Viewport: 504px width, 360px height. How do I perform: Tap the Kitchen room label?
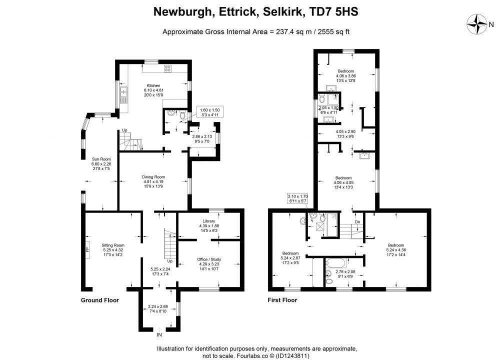pyautogui.click(x=153, y=85)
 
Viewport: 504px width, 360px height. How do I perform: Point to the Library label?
pyautogui.click(x=209, y=221)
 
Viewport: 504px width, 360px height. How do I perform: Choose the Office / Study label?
pyautogui.click(x=209, y=259)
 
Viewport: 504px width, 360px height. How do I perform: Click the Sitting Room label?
pyautogui.click(x=113, y=245)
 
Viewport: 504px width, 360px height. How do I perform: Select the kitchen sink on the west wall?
pyautogui.click(x=123, y=92)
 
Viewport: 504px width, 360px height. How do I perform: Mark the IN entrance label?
pyautogui.click(x=159, y=334)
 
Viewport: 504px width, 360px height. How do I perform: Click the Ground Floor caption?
pyautogui.click(x=100, y=300)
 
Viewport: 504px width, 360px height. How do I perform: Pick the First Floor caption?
pyautogui.click(x=282, y=300)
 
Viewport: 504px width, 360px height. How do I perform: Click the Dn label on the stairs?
pyautogui.click(x=357, y=222)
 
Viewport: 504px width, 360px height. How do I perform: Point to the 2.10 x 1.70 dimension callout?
pyautogui.click(x=298, y=198)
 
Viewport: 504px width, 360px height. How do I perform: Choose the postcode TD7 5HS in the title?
pyautogui.click(x=331, y=11)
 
